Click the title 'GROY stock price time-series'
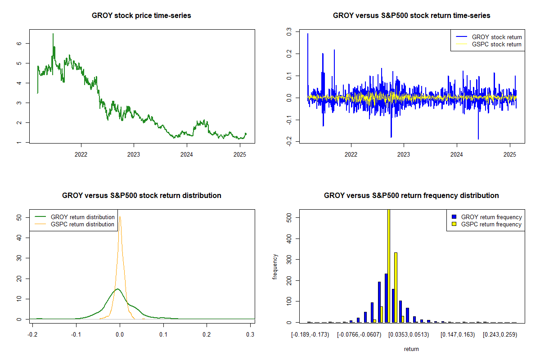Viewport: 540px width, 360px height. tap(141, 16)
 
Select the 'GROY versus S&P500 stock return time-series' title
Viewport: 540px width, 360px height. tap(411, 16)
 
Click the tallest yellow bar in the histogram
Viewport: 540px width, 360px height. tap(389, 265)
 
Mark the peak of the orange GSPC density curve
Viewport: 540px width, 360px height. tap(120, 216)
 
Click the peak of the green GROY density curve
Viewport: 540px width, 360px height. tap(117, 289)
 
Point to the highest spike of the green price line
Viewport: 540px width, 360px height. tap(53, 34)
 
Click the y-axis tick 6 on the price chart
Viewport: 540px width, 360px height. tap(19, 43)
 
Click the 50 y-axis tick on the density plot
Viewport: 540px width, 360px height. tap(19, 217)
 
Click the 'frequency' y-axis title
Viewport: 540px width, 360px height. tap(275, 266)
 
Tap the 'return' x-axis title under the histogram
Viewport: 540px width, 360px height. tap(411, 349)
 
